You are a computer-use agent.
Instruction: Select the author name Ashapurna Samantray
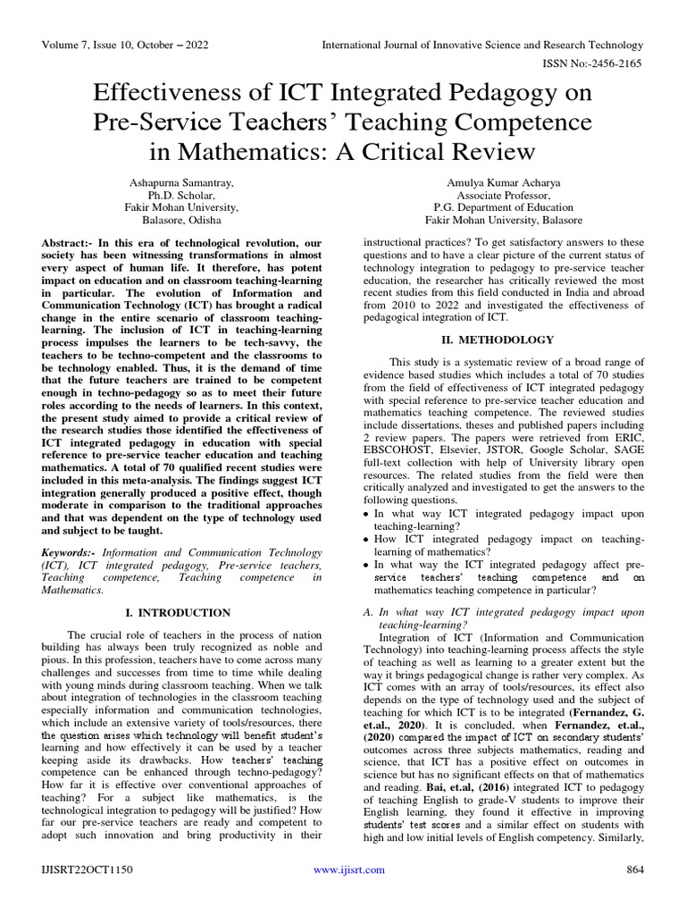tap(184, 182)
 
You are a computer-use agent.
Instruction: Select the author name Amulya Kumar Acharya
tap(503, 182)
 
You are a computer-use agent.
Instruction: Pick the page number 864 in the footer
tap(633, 894)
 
